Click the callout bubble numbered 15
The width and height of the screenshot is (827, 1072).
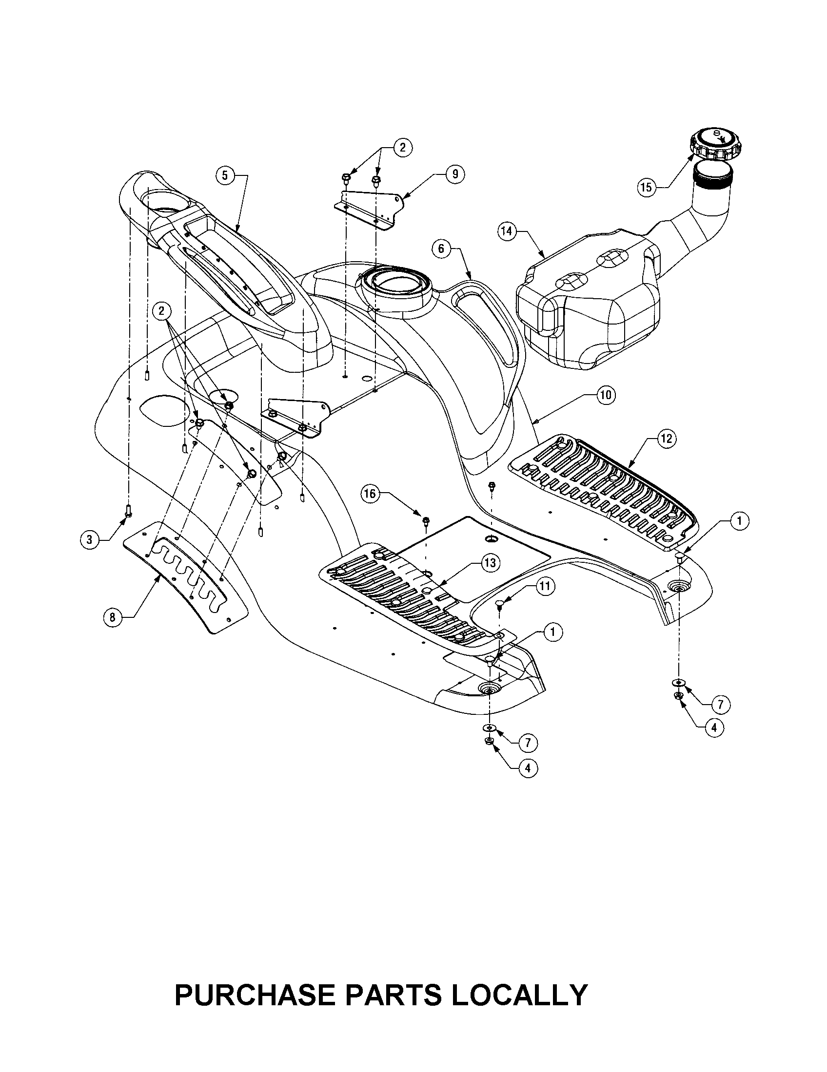tap(646, 187)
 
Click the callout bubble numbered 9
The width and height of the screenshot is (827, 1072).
tap(455, 174)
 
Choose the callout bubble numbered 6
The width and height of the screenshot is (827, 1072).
tap(440, 249)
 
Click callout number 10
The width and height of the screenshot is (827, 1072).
tap(606, 395)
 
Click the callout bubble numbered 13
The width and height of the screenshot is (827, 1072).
tap(490, 563)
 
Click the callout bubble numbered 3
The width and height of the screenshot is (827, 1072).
tap(89, 540)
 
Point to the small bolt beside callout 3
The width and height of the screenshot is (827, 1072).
tap(128, 511)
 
